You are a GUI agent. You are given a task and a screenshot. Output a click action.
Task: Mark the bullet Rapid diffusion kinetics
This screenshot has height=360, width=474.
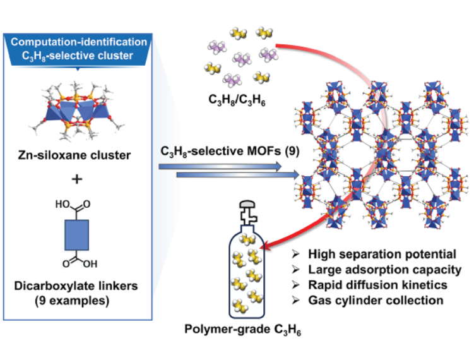pos(379,285)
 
